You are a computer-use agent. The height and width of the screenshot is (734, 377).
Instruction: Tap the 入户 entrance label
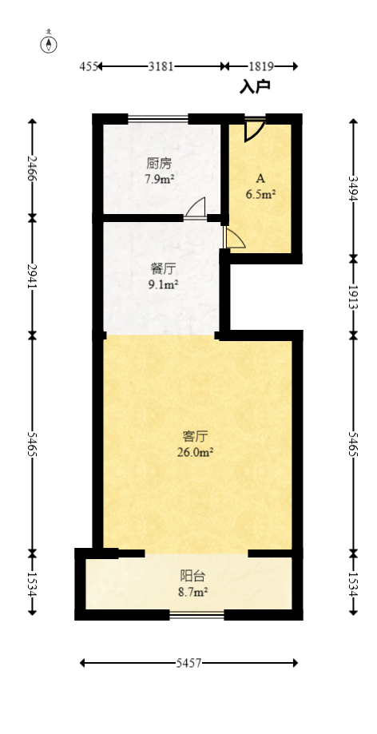(x=255, y=86)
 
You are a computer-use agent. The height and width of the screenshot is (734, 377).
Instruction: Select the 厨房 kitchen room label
(x=160, y=164)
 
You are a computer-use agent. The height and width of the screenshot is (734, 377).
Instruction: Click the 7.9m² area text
(x=160, y=179)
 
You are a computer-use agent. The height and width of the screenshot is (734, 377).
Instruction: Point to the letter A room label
(x=260, y=177)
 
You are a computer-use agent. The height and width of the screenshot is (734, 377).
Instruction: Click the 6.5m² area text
(x=260, y=192)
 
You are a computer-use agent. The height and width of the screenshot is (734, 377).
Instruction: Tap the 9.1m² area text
(x=163, y=284)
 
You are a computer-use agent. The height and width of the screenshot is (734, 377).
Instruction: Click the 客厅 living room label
(x=196, y=436)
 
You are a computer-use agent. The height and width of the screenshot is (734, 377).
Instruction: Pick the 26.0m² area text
(x=196, y=452)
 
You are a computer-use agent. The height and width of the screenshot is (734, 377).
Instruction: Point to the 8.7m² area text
(x=192, y=592)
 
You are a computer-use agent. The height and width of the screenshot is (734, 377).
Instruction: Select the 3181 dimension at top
(x=161, y=67)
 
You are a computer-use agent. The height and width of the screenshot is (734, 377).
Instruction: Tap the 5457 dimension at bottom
(x=190, y=663)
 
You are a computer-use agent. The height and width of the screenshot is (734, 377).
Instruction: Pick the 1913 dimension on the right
(x=353, y=296)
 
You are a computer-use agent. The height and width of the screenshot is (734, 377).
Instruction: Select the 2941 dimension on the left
(x=31, y=276)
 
